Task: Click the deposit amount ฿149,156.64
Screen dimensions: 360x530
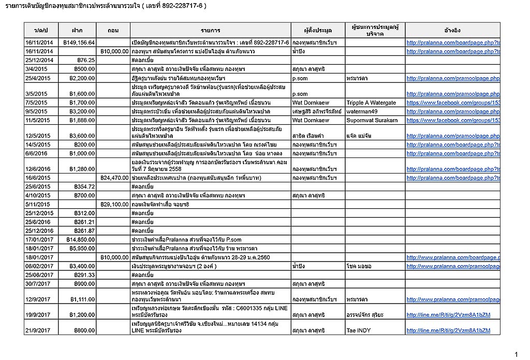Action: (x=79, y=42)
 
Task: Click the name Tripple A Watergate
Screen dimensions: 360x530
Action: (x=371, y=103)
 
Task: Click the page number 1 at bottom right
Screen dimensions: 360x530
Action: (x=516, y=354)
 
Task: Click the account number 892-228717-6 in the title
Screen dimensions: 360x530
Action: (x=177, y=6)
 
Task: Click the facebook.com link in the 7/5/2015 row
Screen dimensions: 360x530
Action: (x=453, y=103)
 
